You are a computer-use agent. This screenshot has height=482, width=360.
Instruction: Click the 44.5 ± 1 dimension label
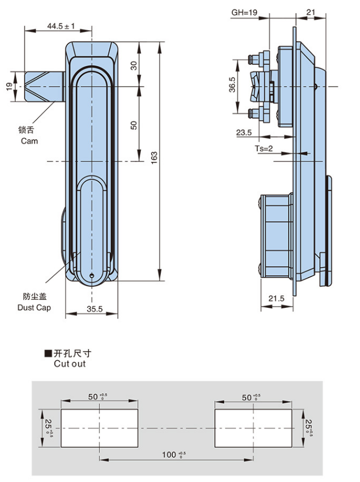(60, 26)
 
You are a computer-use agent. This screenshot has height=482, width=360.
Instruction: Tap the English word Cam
(30, 141)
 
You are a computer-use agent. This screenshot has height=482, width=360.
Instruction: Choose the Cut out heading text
(70, 364)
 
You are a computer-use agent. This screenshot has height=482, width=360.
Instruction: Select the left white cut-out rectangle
(99, 427)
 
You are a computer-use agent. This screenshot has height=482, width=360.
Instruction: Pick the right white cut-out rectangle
(253, 427)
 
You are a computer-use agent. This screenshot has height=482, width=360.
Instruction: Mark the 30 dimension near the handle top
(133, 65)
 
